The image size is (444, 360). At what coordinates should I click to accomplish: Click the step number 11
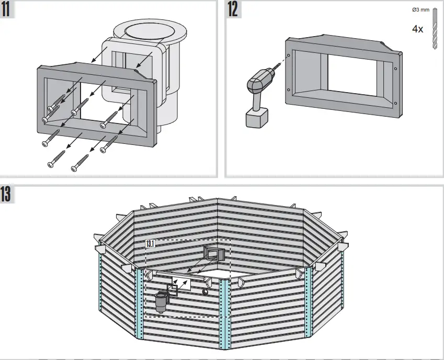click(8, 10)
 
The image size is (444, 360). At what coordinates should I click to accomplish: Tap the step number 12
click(233, 10)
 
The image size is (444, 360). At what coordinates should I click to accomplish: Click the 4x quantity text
click(417, 29)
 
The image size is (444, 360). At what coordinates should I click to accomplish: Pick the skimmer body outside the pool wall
click(161, 302)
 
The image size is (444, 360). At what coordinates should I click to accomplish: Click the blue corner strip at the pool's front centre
click(225, 314)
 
